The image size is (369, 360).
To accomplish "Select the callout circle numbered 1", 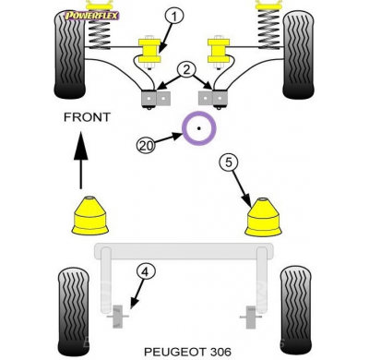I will click(174, 14).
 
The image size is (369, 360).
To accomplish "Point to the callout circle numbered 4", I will click(144, 270).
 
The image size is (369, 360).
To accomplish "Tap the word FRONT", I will click(87, 117).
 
